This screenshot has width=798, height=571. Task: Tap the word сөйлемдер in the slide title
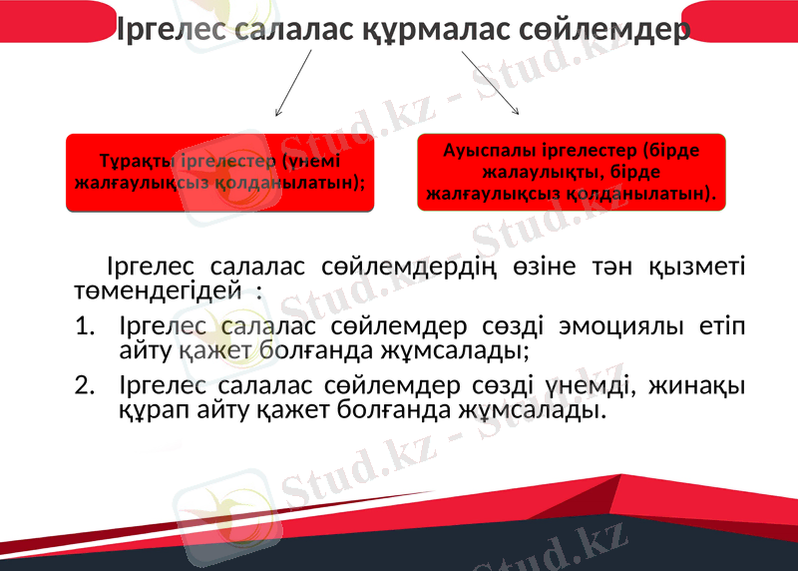tap(606, 30)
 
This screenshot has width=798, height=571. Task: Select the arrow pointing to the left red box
tap(292, 84)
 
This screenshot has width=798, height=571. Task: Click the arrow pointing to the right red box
tap(490, 84)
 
